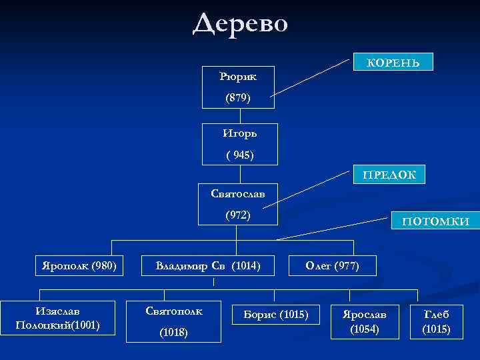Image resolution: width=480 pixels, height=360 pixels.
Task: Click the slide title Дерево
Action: click(241, 24)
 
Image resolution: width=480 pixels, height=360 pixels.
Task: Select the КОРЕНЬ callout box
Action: click(393, 62)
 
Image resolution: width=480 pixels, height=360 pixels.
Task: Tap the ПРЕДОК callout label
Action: click(389, 175)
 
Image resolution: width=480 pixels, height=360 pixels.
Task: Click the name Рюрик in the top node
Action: click(238, 76)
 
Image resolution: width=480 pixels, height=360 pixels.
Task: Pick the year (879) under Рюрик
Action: click(238, 97)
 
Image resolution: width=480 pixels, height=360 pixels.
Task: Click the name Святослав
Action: click(237, 193)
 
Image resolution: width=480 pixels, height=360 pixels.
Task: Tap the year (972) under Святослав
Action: click(237, 215)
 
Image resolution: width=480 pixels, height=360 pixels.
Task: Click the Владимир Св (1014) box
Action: click(207, 266)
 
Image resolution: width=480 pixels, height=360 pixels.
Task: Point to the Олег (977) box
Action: click(332, 266)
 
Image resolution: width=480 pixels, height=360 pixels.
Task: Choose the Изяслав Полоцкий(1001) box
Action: click(59, 318)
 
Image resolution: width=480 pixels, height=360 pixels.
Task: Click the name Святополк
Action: click(174, 311)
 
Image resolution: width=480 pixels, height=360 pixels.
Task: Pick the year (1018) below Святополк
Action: click(174, 332)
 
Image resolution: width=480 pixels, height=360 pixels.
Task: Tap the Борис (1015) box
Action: click(276, 313)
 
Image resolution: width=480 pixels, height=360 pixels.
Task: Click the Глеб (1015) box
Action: click(437, 321)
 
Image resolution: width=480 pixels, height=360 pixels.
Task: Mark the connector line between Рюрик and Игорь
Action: click(239, 115)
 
